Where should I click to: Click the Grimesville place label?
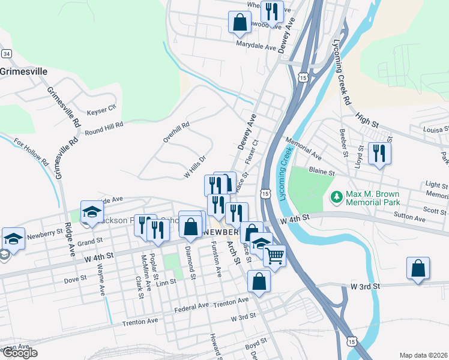pyautogui.click(x=24, y=71)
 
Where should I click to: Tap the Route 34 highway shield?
pyautogui.click(x=6, y=54)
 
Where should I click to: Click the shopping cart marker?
pyautogui.click(x=275, y=256)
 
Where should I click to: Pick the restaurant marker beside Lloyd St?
pyautogui.click(x=379, y=153)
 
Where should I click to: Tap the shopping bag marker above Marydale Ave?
pyautogui.click(x=240, y=22)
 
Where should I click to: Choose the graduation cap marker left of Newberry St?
pyautogui.click(x=13, y=238)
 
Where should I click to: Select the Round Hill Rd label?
pyautogui.click(x=103, y=128)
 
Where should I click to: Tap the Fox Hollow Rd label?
pyautogui.click(x=31, y=152)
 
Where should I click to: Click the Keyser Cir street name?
pyautogui.click(x=101, y=110)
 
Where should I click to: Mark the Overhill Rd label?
pyautogui.click(x=176, y=133)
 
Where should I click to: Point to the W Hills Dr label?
pyautogui.click(x=194, y=167)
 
